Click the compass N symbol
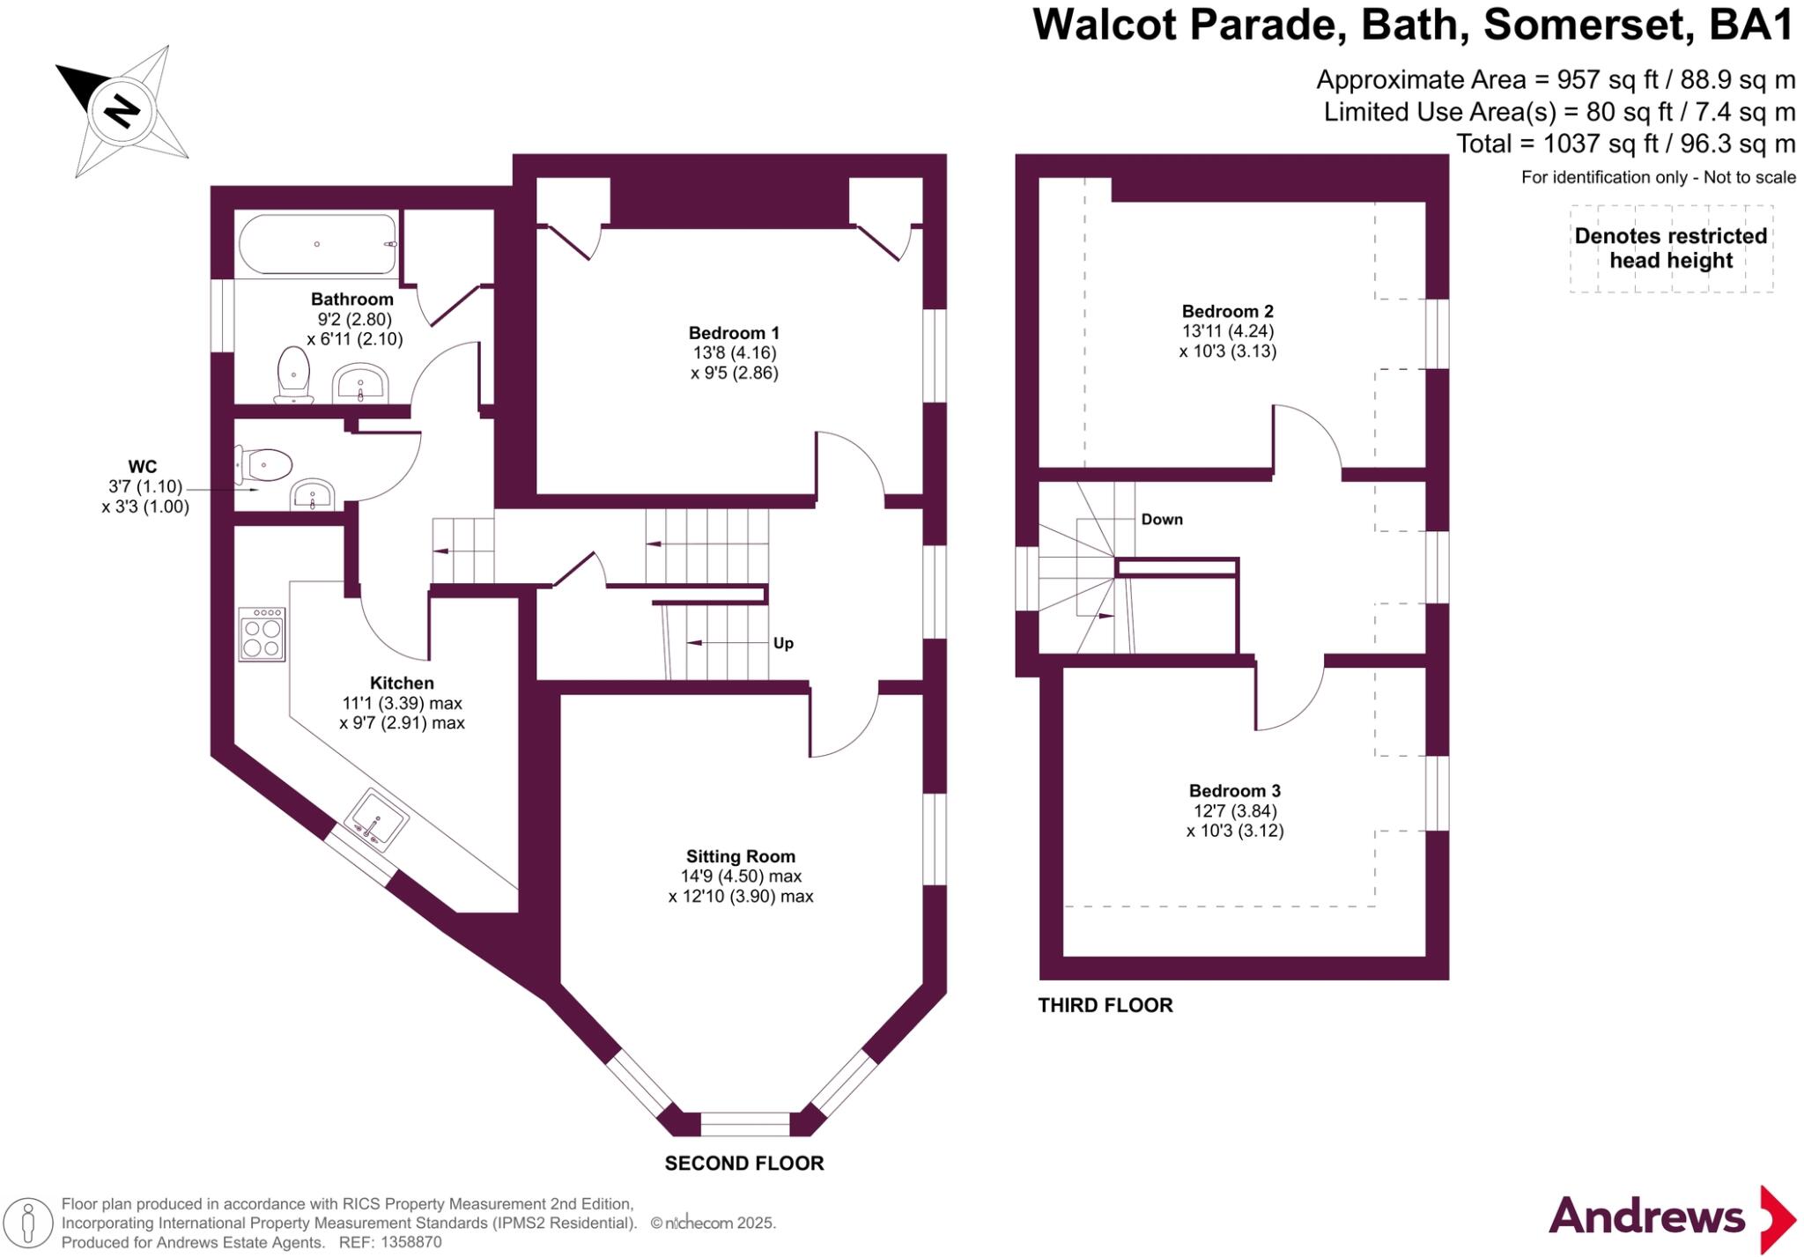click(x=122, y=112)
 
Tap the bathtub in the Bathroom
click(x=318, y=244)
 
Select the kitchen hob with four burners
click(x=262, y=634)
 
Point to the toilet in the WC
click(x=263, y=464)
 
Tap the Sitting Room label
click(x=740, y=856)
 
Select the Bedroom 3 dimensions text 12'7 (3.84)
click(x=1234, y=810)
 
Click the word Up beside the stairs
click(x=783, y=643)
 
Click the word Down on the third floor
click(x=1161, y=520)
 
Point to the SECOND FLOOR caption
click(x=743, y=1163)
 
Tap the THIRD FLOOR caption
click(x=1105, y=1005)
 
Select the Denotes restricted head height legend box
click(x=1670, y=248)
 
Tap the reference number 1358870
click(x=410, y=1242)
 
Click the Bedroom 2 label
click(x=1227, y=311)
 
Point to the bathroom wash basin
click(x=359, y=385)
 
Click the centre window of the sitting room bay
click(x=745, y=1124)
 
